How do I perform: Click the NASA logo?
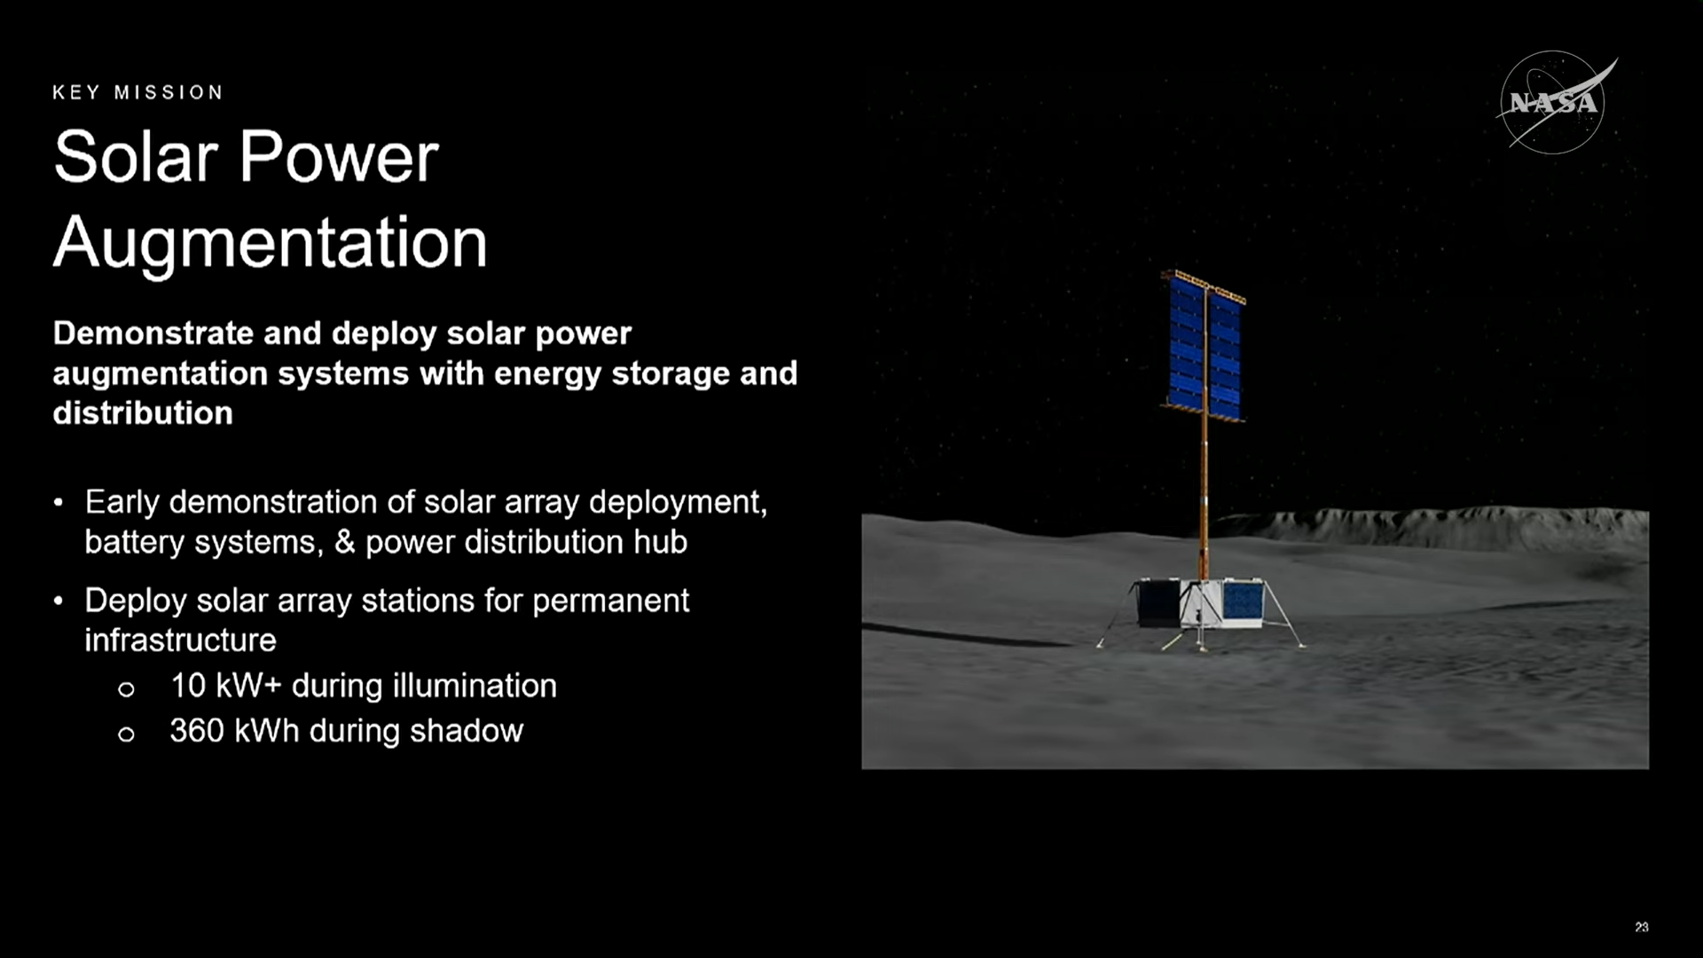click(x=1554, y=103)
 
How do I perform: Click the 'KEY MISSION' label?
click(x=137, y=92)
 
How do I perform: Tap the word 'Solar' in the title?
click(x=136, y=157)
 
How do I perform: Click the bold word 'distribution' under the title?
click(x=143, y=413)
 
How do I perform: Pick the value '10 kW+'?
click(x=226, y=686)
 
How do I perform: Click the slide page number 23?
click(x=1642, y=927)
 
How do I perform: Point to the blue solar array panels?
click(x=1205, y=348)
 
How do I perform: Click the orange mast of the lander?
click(x=1204, y=497)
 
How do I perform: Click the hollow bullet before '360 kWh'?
click(x=126, y=734)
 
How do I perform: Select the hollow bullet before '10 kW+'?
click(x=126, y=689)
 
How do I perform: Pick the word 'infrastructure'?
click(x=180, y=640)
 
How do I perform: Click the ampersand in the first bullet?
click(x=345, y=542)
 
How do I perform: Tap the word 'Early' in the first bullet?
click(x=122, y=503)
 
